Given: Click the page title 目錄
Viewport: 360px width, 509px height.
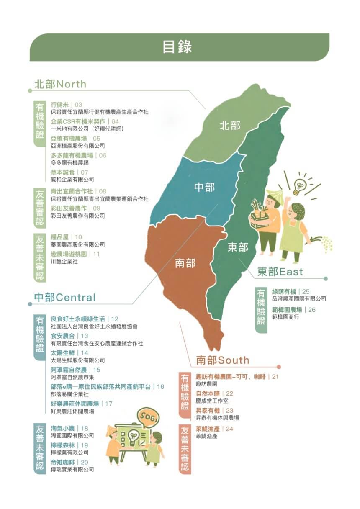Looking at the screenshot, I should click(177, 47).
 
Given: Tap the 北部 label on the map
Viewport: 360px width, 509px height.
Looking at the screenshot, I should click(230, 126).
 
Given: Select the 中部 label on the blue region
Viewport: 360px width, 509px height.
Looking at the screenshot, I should click(205, 188).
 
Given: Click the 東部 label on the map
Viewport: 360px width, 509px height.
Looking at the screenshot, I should click(238, 247).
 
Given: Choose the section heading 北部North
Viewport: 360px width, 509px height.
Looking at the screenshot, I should click(60, 84).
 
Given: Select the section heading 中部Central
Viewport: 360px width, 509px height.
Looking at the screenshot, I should click(65, 298).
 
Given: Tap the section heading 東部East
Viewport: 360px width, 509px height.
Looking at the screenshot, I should click(280, 272).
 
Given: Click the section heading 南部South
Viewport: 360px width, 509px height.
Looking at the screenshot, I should click(222, 360).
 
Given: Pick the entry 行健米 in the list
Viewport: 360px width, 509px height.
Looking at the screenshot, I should click(59, 104).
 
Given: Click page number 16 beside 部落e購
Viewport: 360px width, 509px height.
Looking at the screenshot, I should click(161, 387).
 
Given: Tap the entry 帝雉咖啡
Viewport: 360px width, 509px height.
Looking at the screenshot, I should click(62, 462).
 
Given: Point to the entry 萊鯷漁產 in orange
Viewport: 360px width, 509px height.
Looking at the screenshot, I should click(208, 429).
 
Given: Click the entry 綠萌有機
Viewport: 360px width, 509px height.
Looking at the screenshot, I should click(284, 291).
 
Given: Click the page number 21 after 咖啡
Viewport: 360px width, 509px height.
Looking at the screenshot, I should click(275, 377).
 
